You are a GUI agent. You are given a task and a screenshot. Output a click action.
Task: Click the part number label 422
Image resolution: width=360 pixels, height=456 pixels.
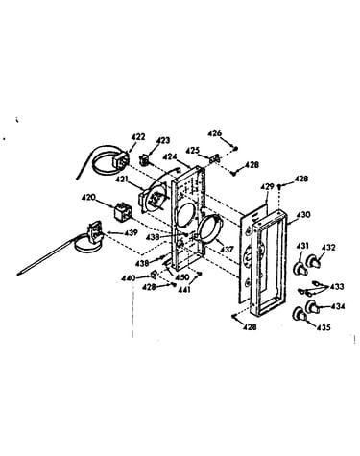[138, 137]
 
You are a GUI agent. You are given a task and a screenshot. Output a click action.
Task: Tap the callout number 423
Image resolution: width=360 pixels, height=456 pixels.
[163, 140]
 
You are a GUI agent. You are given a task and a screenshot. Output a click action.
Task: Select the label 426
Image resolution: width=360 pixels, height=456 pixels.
[215, 133]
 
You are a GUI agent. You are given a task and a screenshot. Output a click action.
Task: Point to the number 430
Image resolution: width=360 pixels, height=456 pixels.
[303, 215]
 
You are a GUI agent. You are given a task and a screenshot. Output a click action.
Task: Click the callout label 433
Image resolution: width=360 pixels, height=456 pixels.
[337, 286]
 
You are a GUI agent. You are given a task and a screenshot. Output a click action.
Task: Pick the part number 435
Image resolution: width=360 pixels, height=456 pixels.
[324, 327]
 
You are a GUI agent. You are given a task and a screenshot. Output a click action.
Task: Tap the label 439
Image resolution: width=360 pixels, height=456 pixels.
[131, 232]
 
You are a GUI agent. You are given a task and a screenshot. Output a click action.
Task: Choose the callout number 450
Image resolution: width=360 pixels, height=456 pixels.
[182, 276]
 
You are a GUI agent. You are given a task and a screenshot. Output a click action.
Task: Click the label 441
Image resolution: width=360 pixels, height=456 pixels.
[184, 290]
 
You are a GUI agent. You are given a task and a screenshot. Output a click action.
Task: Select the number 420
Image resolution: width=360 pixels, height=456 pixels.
[88, 197]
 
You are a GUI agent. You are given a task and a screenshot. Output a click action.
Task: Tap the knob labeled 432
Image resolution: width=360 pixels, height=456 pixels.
[314, 261]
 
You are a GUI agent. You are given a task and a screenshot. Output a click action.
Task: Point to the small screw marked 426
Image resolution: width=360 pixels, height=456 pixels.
[236, 148]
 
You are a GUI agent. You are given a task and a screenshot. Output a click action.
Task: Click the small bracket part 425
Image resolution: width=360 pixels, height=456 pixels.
[213, 158]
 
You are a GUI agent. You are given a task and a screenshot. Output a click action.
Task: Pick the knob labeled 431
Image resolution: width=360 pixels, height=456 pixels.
[300, 268]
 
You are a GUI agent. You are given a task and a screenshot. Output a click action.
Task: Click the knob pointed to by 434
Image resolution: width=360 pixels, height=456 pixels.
[313, 307]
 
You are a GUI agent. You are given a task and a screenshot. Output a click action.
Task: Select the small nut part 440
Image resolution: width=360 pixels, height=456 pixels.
[154, 275]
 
